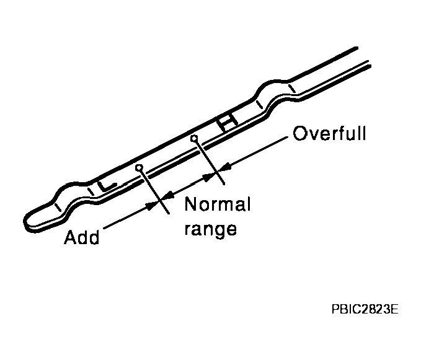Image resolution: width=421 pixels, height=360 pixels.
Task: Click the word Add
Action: tap(82, 238)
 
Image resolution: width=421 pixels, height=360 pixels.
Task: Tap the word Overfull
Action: tap(329, 134)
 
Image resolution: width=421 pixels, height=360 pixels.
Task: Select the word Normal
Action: tap(217, 205)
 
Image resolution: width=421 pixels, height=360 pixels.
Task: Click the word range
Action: tap(211, 229)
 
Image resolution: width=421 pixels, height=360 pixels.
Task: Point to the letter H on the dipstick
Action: tap(227, 121)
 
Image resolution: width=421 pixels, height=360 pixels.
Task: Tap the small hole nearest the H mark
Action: tap(194, 138)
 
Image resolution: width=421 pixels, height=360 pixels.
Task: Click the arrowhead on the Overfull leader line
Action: tap(227, 166)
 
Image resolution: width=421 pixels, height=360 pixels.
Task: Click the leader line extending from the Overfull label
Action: tap(257, 151)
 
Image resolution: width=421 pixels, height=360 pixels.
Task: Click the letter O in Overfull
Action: tap(300, 134)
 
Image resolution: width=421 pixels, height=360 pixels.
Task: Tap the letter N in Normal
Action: tap(192, 205)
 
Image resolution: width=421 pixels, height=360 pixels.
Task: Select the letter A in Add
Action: tap(71, 238)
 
